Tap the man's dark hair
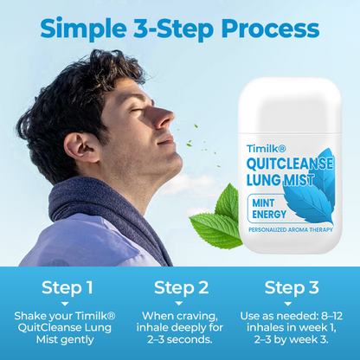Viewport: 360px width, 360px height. click(78, 87)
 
